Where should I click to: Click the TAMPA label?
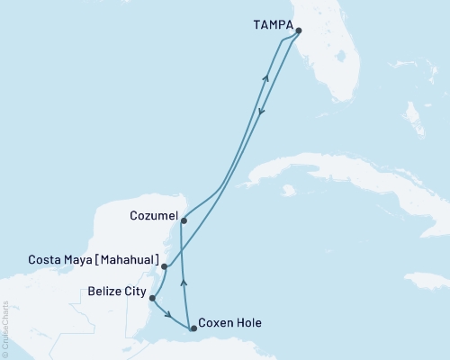pyautogui.click(x=267, y=27)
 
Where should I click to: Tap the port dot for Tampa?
pyautogui.click(x=298, y=31)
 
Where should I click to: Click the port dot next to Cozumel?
pyautogui.click(x=183, y=220)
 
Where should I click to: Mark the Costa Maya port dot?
pyautogui.click(x=164, y=266)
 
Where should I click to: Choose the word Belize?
pyautogui.click(x=106, y=292)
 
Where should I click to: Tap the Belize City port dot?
pyautogui.click(x=151, y=298)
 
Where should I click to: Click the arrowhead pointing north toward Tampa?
pyautogui.click(x=265, y=79)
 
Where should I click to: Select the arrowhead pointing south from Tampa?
pyautogui.click(x=261, y=112)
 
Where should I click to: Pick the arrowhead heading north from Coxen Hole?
pyautogui.click(x=184, y=281)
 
